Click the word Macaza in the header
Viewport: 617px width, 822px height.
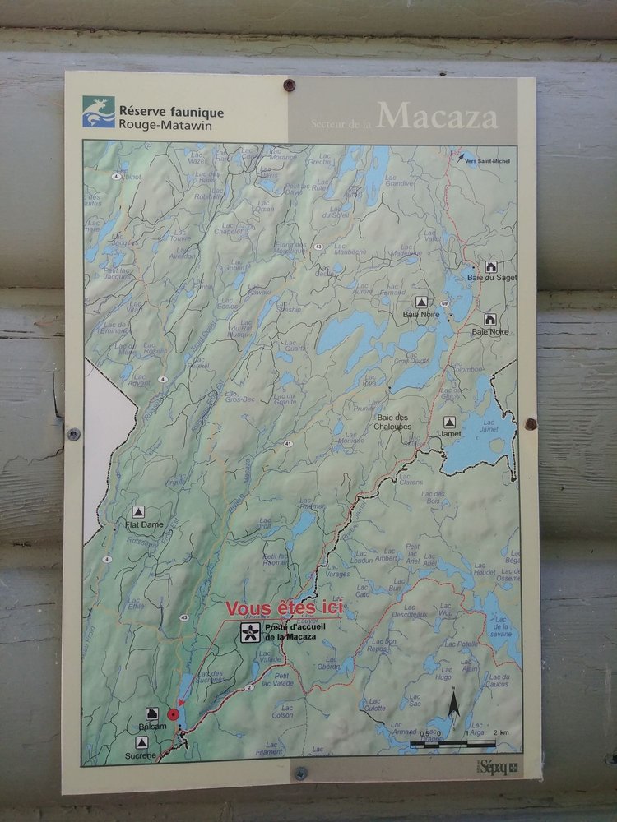[x=438, y=116]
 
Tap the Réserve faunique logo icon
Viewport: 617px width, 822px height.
[x=98, y=112]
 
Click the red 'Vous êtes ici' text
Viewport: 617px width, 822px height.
[x=284, y=609]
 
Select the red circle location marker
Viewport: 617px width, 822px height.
[x=173, y=715]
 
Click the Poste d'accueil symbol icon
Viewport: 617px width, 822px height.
[x=248, y=632]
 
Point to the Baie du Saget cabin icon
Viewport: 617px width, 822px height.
[x=491, y=266]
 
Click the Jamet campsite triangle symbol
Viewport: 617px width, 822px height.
[x=449, y=422]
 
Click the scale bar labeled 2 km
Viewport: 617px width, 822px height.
[x=453, y=743]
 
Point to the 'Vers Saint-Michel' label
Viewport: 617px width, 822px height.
[x=487, y=161]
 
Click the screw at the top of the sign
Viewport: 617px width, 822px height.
[x=289, y=85]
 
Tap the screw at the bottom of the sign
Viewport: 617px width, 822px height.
[x=301, y=773]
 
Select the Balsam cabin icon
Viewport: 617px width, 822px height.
[x=152, y=713]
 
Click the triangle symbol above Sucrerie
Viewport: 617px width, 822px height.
[x=141, y=742]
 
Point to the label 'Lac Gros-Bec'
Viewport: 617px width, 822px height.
[x=239, y=397]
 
